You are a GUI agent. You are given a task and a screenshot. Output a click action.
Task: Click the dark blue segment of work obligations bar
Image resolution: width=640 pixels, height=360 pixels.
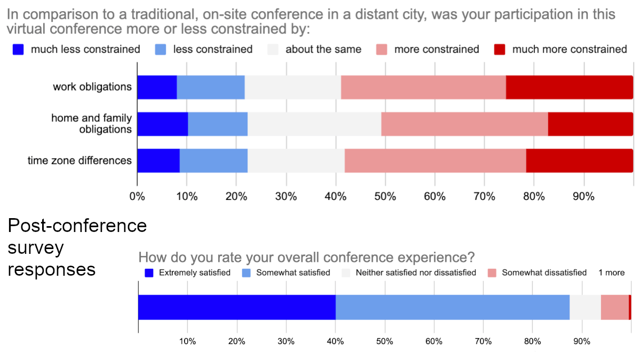[x=157, y=87]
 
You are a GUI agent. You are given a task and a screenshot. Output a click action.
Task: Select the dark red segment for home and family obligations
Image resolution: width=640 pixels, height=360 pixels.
[x=590, y=124]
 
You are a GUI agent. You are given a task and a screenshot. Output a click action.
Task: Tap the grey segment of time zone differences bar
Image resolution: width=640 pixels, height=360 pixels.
[x=295, y=161]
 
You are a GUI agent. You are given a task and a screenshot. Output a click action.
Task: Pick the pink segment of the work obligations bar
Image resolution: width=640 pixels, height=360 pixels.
[x=423, y=87]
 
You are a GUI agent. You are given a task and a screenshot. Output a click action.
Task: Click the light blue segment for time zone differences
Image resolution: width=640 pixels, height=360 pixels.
[x=213, y=161]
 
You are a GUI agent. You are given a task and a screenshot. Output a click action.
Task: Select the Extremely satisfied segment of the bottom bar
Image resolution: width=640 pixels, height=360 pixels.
[x=237, y=307]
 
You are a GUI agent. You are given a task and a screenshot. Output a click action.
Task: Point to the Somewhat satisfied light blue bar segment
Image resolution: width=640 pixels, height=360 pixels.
[x=452, y=307]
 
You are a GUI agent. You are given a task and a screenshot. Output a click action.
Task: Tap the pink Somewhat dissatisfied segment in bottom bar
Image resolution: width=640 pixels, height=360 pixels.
[x=614, y=307]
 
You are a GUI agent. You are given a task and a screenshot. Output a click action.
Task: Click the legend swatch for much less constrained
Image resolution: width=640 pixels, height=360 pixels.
[x=19, y=50]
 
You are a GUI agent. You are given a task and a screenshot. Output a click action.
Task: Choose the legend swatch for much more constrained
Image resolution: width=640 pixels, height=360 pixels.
[x=500, y=50]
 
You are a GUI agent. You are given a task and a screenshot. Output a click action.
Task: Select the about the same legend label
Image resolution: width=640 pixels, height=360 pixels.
[x=323, y=50]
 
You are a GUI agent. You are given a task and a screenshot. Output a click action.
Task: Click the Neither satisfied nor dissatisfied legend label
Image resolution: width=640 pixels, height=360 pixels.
[x=415, y=273]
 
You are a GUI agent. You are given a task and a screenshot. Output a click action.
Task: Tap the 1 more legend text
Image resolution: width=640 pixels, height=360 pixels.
[x=611, y=273]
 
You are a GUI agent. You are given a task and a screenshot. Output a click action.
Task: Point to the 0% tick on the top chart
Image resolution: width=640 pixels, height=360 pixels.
[x=137, y=196]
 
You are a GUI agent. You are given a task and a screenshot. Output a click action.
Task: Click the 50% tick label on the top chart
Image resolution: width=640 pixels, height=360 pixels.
[x=385, y=196]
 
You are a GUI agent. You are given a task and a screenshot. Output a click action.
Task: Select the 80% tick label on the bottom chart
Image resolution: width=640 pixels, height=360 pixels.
[x=532, y=341]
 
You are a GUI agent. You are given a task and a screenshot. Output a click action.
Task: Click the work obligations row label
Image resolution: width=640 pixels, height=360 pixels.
[x=92, y=86]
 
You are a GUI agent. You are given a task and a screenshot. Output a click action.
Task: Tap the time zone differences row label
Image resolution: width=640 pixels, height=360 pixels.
[x=79, y=160]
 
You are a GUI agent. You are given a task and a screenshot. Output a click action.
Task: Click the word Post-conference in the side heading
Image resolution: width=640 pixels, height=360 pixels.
[x=77, y=226]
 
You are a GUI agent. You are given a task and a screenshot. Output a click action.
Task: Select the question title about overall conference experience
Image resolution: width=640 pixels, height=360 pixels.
[x=306, y=258]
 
